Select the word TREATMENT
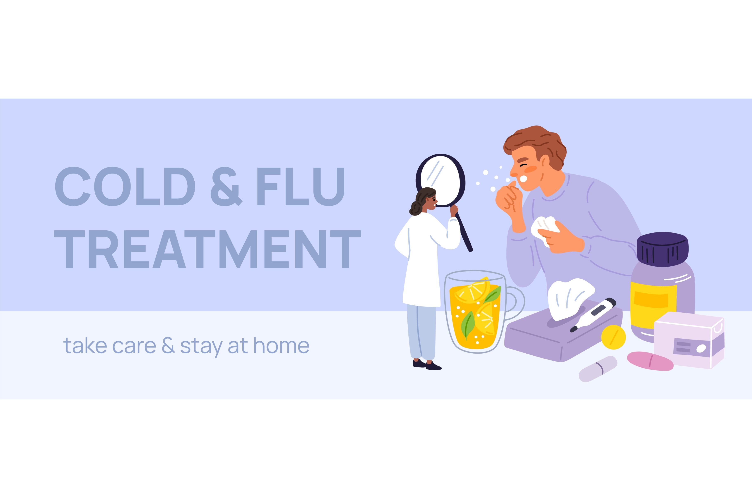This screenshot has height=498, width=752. pyautogui.click(x=208, y=249)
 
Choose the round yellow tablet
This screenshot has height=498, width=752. pyautogui.click(x=614, y=337)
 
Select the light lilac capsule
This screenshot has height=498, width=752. pyautogui.click(x=598, y=369)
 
